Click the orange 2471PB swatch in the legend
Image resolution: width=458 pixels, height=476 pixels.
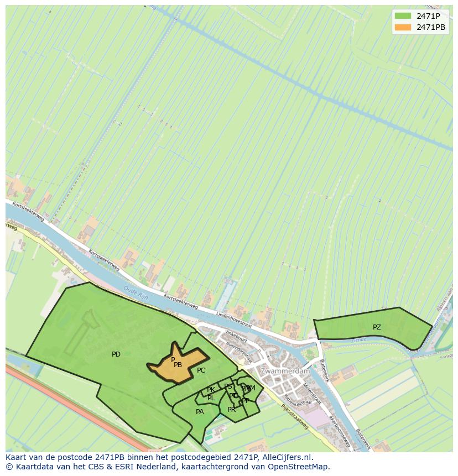[403, 27]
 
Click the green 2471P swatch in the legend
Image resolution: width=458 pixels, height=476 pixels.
[403, 16]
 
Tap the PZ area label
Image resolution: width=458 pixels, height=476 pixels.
[377, 327]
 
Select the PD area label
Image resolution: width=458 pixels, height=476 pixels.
[116, 354]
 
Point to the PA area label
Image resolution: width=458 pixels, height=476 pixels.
[200, 412]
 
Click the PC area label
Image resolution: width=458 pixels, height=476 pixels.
[201, 370]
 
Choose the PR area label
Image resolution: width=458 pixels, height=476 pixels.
[231, 410]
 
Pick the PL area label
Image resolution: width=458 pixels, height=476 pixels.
[211, 398]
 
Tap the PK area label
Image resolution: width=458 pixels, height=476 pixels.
[211, 390]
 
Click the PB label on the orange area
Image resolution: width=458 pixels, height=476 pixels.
[178, 365]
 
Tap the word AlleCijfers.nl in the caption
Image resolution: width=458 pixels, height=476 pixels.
[285, 457]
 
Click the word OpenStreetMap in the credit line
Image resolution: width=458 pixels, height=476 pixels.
[299, 467]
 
